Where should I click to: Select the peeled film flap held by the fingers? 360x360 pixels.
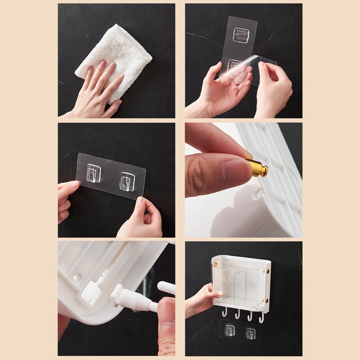[252, 67]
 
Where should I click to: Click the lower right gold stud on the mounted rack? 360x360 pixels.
[266, 301]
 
